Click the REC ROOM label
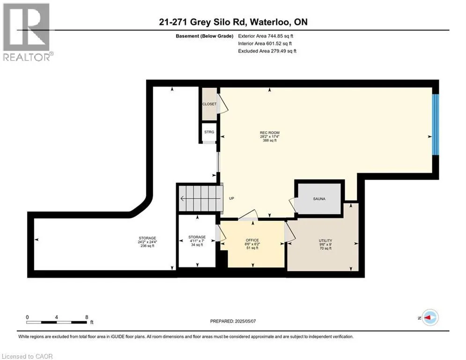[x=270, y=133]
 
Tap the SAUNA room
[x=319, y=198]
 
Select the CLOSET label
[x=209, y=104]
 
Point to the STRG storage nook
[x=209, y=133]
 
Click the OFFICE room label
[x=252, y=240]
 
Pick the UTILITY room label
[x=325, y=240]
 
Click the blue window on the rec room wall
[x=436, y=125]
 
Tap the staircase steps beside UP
[x=200, y=198]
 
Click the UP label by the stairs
[x=231, y=198]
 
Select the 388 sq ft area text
[x=270, y=141]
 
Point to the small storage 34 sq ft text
[x=197, y=245]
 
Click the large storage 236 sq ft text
[x=148, y=246]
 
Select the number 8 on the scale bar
[x=87, y=317]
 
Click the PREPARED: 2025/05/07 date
[x=233, y=321]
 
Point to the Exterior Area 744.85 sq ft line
[x=266, y=36]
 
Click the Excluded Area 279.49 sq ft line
[x=267, y=51]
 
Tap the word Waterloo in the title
[x=270, y=22]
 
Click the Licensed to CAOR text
[x=27, y=356]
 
